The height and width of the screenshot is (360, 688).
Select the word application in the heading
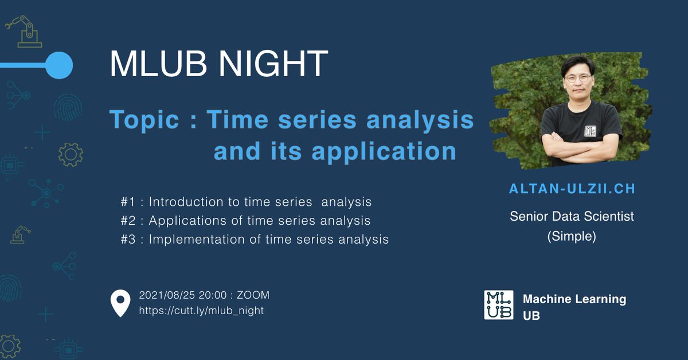(x=384, y=151)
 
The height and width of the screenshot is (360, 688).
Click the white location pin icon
(x=120, y=303)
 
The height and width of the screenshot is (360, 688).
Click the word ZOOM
(x=253, y=296)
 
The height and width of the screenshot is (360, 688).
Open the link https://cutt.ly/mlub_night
(x=201, y=311)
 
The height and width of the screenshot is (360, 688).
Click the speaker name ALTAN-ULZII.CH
(x=572, y=189)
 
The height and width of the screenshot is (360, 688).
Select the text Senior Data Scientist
(x=572, y=217)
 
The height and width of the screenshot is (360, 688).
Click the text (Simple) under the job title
(x=572, y=237)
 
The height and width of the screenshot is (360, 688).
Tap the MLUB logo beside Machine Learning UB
(x=499, y=305)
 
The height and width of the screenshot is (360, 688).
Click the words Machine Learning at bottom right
(x=574, y=299)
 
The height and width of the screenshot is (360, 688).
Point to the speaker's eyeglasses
(x=577, y=77)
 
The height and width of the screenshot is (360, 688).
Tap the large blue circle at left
(x=58, y=65)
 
